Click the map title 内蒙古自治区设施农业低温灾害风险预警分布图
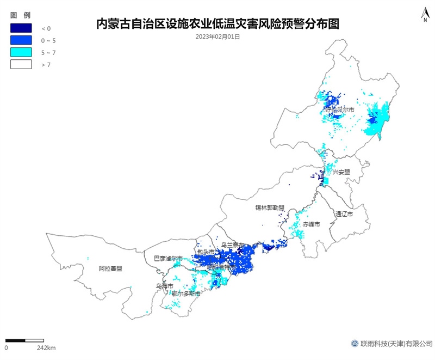(x=217, y=24)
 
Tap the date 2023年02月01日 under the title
(x=217, y=37)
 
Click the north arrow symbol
(x=425, y=15)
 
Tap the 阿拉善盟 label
(x=110, y=269)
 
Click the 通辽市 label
(x=344, y=214)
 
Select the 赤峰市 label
(x=312, y=224)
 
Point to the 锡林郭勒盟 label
(x=270, y=208)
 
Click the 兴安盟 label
(x=341, y=172)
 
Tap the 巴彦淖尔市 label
(x=167, y=259)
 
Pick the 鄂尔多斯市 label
(x=185, y=294)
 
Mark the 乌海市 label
(x=164, y=286)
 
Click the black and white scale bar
(x=24, y=340)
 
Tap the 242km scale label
(x=46, y=347)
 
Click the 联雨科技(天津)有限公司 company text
(x=396, y=344)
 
